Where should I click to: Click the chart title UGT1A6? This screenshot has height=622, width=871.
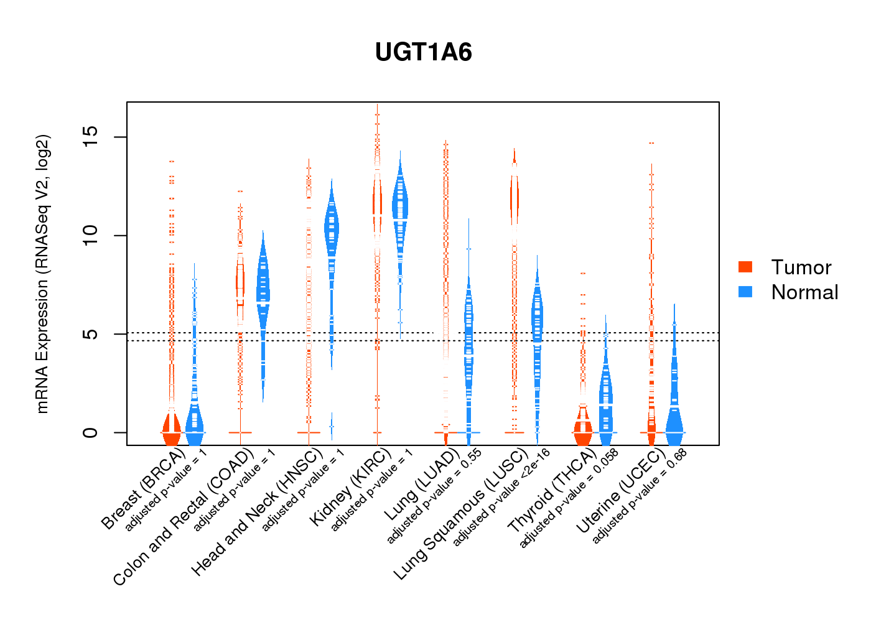[424, 52]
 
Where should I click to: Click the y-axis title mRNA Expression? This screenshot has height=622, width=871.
[42, 274]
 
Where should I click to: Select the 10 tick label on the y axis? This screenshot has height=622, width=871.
[90, 235]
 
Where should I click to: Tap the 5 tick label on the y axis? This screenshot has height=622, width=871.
[90, 334]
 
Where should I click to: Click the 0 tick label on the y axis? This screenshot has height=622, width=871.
[90, 432]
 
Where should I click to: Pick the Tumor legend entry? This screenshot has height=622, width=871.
[801, 267]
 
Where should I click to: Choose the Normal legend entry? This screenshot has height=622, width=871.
[804, 292]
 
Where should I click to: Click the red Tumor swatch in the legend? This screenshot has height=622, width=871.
[745, 267]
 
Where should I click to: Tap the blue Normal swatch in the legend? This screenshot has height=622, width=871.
[745, 292]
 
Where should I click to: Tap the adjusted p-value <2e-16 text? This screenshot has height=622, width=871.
[501, 498]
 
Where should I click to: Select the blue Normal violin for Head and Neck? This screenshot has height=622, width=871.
[332, 236]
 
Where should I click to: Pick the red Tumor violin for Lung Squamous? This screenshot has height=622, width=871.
[514, 199]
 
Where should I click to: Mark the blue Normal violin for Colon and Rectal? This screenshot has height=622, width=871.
[264, 292]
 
